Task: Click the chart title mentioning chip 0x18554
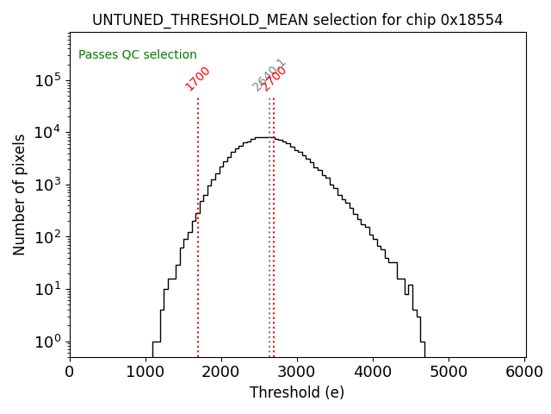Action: (297, 20)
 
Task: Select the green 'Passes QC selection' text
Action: (138, 54)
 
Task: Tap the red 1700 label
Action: (198, 78)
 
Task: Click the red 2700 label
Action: (275, 78)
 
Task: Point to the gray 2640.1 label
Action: (267, 76)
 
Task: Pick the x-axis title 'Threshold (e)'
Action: (297, 392)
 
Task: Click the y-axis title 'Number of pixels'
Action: (20, 194)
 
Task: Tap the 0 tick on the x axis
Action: (70, 372)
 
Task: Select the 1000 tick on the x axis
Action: (145, 372)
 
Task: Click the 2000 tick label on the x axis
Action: (221, 372)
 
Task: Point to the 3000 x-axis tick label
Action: (297, 372)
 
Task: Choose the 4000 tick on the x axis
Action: (374, 372)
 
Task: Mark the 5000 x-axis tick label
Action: (449, 372)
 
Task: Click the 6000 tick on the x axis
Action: (525, 372)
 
